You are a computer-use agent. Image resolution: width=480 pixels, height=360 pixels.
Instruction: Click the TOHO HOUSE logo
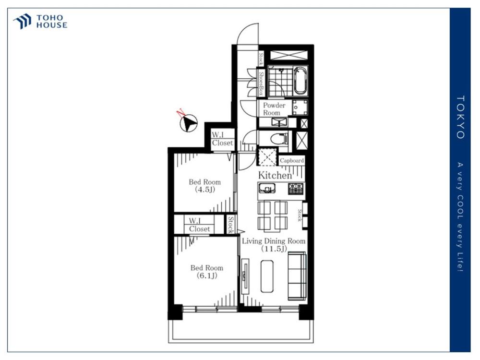(x=40, y=22)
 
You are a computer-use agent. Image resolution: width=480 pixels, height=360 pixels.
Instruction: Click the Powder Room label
(x=274, y=109)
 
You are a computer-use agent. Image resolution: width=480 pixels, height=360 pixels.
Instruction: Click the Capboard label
(x=292, y=160)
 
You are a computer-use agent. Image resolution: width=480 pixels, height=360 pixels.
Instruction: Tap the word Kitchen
(x=275, y=175)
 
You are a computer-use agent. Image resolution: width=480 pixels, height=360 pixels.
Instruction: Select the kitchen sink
(x=267, y=189)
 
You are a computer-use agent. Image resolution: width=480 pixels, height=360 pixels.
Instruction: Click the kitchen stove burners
(x=296, y=189)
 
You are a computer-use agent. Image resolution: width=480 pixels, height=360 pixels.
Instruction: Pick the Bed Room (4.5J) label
(x=205, y=185)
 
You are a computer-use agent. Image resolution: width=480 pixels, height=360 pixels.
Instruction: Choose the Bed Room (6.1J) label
(x=206, y=272)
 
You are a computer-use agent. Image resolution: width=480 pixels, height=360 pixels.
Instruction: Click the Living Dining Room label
(x=274, y=245)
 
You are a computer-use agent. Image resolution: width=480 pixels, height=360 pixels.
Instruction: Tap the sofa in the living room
(x=297, y=276)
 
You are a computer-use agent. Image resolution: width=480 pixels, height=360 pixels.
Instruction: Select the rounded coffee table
(x=267, y=276)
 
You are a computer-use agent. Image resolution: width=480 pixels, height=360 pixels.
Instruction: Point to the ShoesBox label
(x=261, y=83)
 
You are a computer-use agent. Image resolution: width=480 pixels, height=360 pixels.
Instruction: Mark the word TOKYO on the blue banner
(x=460, y=117)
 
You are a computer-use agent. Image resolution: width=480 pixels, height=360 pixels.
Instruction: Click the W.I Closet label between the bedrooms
(x=199, y=225)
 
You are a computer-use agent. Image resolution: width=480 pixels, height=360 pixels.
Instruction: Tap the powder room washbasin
(x=278, y=122)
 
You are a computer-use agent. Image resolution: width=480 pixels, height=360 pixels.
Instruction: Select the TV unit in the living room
(x=245, y=276)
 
